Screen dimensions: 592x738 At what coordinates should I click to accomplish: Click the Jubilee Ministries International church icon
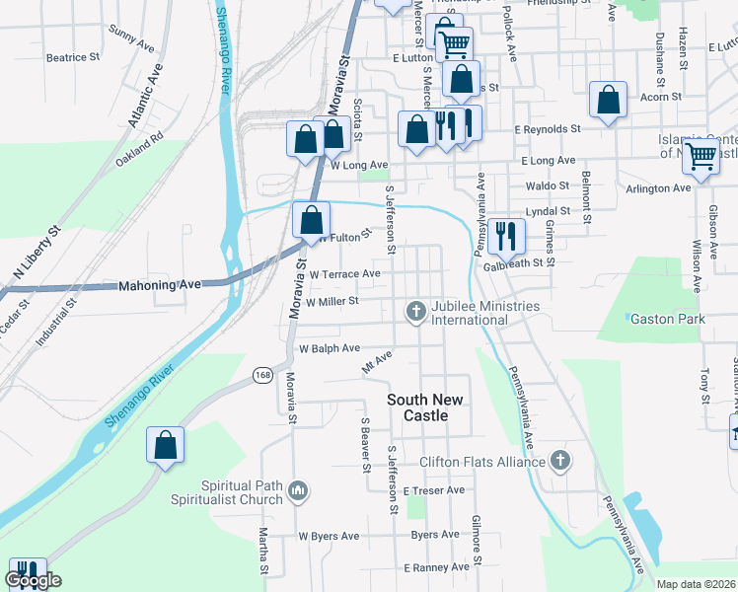click(x=416, y=313)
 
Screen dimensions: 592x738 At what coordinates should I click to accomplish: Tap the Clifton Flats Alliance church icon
click(x=560, y=461)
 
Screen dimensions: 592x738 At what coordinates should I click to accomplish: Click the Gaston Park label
click(x=664, y=319)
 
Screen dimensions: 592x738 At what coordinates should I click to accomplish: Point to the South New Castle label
click(x=430, y=407)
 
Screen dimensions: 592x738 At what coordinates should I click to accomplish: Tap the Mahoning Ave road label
click(x=159, y=285)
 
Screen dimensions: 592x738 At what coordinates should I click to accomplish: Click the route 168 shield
click(x=262, y=375)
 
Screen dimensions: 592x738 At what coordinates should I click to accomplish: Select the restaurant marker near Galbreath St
click(x=506, y=236)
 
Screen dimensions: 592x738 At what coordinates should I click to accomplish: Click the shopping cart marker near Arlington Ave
click(x=701, y=155)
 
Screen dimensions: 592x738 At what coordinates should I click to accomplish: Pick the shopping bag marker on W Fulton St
click(x=312, y=219)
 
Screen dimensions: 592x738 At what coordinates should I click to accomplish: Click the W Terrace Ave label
click(x=344, y=274)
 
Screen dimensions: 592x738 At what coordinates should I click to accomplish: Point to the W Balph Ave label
click(x=330, y=349)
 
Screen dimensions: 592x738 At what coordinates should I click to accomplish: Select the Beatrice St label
click(x=73, y=58)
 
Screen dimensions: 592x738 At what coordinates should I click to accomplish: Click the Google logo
click(x=33, y=581)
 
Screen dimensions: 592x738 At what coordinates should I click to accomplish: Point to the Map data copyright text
click(x=696, y=584)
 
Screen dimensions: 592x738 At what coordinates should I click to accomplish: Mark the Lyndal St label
click(x=549, y=211)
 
